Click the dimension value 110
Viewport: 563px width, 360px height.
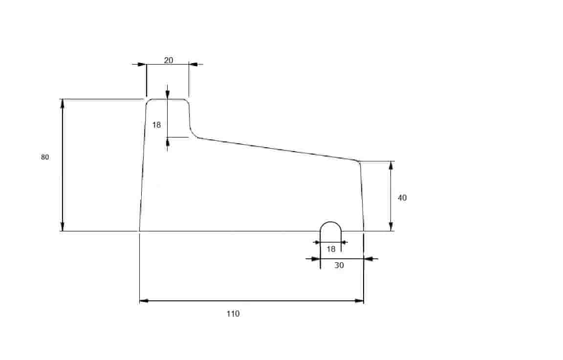233,314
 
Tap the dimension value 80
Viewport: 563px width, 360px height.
45,157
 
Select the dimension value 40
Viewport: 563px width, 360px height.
402,198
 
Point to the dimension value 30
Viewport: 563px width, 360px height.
339,265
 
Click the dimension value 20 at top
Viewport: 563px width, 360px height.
169,60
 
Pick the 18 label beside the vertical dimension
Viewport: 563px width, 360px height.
156,125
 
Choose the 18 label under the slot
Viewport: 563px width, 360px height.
331,248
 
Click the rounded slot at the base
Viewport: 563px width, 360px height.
331,222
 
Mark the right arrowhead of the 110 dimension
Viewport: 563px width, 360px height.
359,301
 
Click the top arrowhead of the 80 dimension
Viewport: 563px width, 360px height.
63,104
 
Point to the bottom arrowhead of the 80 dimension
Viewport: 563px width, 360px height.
63,226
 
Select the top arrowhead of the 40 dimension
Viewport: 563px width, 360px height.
391,166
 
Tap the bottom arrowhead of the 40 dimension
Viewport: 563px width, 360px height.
391,226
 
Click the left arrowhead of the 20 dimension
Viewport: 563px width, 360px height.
142,64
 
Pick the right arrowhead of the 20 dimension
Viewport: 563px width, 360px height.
194,64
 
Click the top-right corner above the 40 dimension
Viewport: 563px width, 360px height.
358,162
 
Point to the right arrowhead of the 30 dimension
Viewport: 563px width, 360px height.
368,258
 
